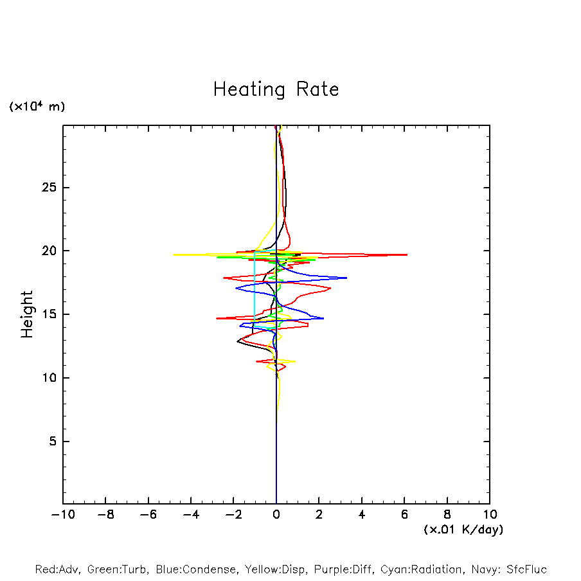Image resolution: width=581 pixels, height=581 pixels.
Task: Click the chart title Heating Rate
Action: point(276,89)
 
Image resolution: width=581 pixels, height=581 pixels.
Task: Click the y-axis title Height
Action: point(27,314)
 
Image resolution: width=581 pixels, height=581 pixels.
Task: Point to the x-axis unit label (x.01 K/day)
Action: point(463,530)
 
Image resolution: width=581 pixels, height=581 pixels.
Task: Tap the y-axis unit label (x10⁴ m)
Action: point(37,107)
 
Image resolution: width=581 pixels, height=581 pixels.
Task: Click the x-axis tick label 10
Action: point(490,515)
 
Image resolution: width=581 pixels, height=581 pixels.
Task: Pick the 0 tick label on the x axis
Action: point(276,515)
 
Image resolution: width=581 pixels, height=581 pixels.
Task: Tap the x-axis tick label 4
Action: point(362,515)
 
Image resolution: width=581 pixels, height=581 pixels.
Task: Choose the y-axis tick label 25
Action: point(51,188)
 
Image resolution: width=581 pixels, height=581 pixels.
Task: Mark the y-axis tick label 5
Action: point(55,442)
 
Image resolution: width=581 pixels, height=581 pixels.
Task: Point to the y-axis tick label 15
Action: point(51,314)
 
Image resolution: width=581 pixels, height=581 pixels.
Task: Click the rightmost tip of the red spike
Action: point(407,255)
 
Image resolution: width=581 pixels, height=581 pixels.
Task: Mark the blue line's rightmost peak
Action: point(347,278)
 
